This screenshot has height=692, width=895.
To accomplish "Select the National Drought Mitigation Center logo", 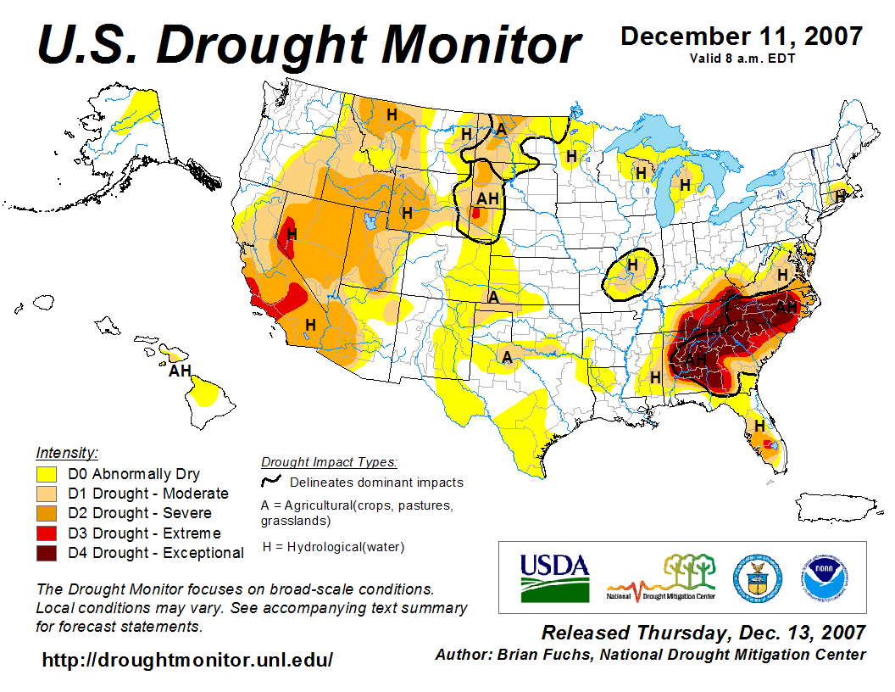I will click(661, 578).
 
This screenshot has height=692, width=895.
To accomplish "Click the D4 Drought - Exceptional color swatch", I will click(47, 554).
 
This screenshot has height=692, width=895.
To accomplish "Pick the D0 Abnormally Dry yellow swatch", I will click(47, 474).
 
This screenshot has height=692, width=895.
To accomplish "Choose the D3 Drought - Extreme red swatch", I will click(47, 533).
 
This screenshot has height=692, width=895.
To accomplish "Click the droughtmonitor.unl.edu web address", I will click(187, 659).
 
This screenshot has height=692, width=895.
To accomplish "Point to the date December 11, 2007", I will click(742, 36).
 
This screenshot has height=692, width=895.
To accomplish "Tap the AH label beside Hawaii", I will click(180, 371).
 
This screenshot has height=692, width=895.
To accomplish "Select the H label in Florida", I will click(759, 425).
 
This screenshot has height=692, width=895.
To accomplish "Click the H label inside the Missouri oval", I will click(631, 265).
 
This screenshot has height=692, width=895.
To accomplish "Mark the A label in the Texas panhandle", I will click(507, 357).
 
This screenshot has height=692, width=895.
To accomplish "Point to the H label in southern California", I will click(311, 324).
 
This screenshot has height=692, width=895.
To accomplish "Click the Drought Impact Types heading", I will click(329, 462).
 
